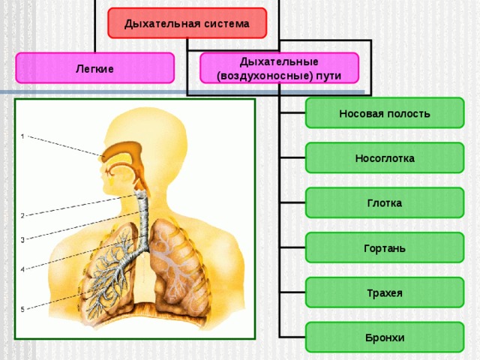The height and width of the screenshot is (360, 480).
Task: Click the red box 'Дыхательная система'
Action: (x=187, y=23)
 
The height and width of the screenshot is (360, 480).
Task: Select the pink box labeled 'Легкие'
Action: (x=95, y=68)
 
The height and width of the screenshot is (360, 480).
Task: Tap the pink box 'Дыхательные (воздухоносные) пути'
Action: (x=279, y=68)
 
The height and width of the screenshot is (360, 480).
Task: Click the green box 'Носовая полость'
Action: (x=385, y=113)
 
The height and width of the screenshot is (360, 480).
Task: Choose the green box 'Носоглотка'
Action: (x=385, y=158)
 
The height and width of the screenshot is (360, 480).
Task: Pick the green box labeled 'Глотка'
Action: (x=385, y=202)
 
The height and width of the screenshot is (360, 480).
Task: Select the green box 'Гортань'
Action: (x=385, y=247)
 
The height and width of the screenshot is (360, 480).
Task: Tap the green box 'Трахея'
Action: (x=385, y=292)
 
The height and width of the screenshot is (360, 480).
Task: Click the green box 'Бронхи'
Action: (x=385, y=337)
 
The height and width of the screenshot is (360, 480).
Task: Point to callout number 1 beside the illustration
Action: (x=22, y=136)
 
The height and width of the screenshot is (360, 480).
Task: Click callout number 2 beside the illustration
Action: (x=22, y=216)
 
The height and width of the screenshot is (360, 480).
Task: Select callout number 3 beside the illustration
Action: (x=22, y=240)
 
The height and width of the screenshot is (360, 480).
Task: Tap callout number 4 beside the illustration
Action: (x=22, y=270)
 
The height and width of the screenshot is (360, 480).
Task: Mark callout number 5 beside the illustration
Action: (x=22, y=310)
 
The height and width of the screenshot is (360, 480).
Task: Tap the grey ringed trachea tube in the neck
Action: (x=143, y=220)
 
